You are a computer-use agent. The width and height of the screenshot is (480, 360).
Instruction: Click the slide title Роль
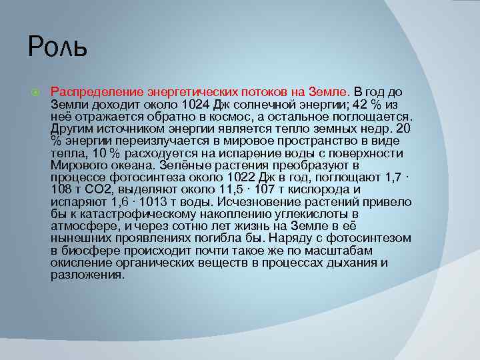point(58,47)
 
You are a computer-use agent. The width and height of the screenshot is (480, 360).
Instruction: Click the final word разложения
point(87,274)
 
